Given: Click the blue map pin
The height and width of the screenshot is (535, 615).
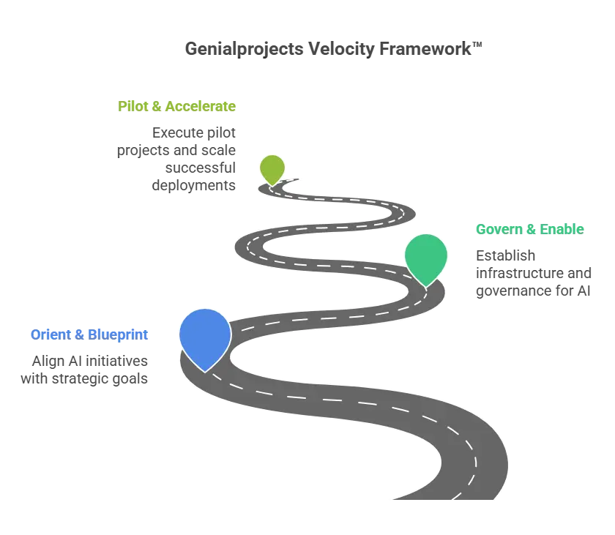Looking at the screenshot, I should (205, 336).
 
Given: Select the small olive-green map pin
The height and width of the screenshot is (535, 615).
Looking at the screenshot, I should (272, 168).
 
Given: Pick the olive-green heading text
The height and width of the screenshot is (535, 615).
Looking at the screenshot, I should (178, 105).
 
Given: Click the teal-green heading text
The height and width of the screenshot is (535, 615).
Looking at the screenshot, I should (529, 228).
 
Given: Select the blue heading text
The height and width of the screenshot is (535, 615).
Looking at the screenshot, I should (90, 334).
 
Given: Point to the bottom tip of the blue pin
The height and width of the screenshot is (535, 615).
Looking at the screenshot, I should (206, 370).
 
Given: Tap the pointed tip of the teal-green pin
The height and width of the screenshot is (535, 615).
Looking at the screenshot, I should (426, 286).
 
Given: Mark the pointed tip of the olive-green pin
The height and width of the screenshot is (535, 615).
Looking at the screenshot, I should (272, 185).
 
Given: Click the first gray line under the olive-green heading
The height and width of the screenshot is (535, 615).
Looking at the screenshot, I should (195, 132).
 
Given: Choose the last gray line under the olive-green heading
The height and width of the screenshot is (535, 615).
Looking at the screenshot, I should (195, 185).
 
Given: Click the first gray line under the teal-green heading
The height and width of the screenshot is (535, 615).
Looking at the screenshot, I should (507, 256).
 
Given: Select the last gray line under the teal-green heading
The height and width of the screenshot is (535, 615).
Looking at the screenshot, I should (532, 291).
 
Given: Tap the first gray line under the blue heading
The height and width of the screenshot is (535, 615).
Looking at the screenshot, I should (91, 362).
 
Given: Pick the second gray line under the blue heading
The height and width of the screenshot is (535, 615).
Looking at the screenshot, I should (85, 381).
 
